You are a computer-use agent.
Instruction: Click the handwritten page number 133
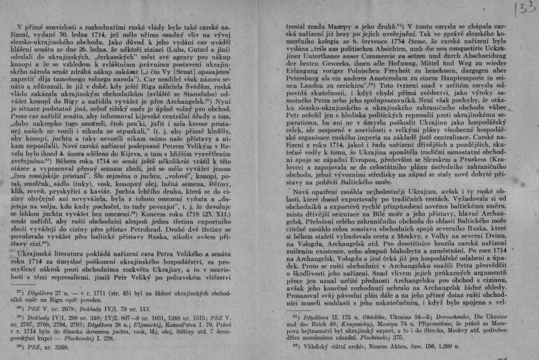coord(520,12)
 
